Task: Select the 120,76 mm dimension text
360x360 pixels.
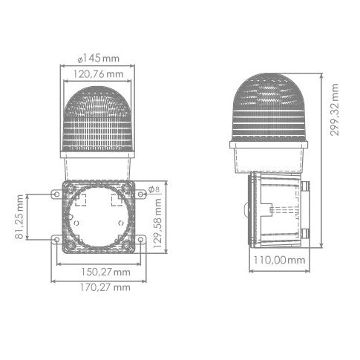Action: pyautogui.click(x=99, y=73)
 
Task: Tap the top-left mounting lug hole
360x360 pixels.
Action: pyautogui.click(x=56, y=194)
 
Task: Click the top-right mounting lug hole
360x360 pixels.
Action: pyautogui.click(x=141, y=194)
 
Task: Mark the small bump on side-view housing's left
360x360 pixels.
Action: pyautogui.click(x=246, y=209)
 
